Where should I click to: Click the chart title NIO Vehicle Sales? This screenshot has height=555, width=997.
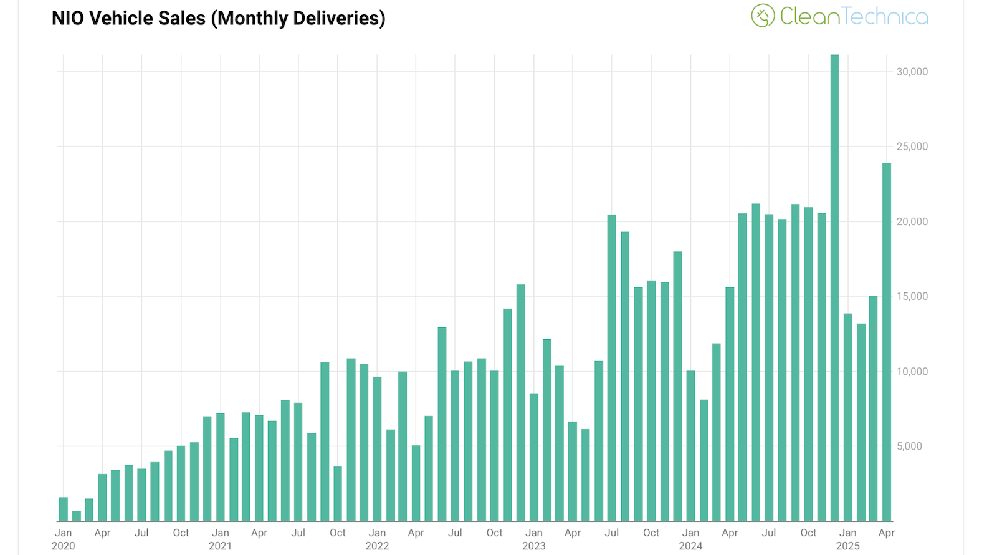pyautogui.click(x=218, y=19)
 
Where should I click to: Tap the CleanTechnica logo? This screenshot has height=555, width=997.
pyautogui.click(x=839, y=16)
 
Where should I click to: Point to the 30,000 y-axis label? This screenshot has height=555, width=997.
pyautogui.click(x=912, y=72)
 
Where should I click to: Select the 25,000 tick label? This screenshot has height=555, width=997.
pyautogui.click(x=912, y=147)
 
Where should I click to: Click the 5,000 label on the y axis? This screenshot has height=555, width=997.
pyautogui.click(x=909, y=446)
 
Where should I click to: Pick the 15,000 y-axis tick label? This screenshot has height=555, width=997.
pyautogui.click(x=912, y=297)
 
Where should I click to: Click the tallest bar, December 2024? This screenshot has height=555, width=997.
pyautogui.click(x=834, y=287)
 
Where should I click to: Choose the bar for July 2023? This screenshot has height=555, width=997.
pyautogui.click(x=612, y=368)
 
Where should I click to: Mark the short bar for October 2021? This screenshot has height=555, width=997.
pyautogui.click(x=338, y=493)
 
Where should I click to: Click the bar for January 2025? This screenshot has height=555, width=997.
pyautogui.click(x=847, y=417)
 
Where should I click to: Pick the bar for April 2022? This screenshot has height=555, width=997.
pyautogui.click(x=416, y=483)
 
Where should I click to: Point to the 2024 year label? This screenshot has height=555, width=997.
pyautogui.click(x=690, y=546)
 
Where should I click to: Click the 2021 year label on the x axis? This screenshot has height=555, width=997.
pyautogui.click(x=220, y=546)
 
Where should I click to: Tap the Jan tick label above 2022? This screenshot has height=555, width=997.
pyautogui.click(x=377, y=533)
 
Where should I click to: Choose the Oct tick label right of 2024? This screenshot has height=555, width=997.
pyautogui.click(x=808, y=533)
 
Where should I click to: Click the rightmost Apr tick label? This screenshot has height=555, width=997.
pyautogui.click(x=886, y=533)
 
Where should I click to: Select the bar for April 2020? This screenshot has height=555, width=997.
pyautogui.click(x=103, y=497)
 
